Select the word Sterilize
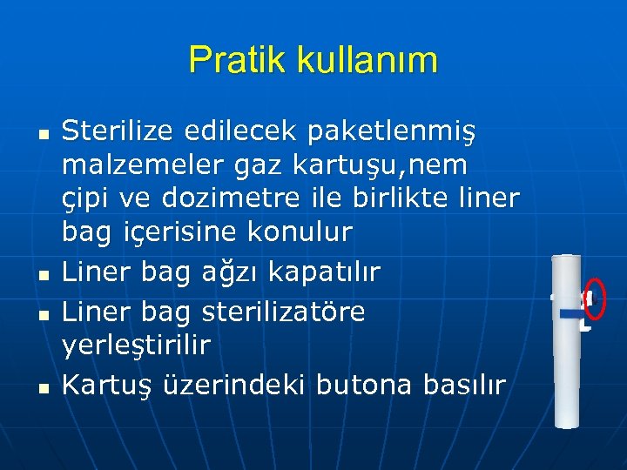121,131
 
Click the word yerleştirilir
136,346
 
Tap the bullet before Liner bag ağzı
42,275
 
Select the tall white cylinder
569,339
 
